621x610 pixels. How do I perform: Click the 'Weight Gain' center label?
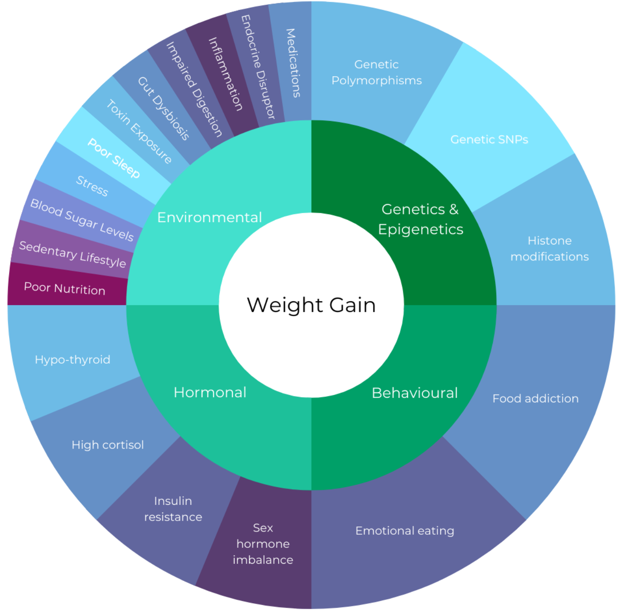coord(311,305)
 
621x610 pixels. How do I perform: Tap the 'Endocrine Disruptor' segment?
coord(258,67)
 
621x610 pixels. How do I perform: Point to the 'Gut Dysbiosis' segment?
coord(163,108)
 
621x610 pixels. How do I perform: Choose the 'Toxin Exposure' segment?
coord(139,132)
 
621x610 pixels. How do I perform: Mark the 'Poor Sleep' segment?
coord(114,158)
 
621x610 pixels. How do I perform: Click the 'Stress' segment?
coord(92,185)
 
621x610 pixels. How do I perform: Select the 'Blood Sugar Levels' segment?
coord(82,220)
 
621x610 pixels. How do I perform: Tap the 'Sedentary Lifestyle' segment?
coord(72,254)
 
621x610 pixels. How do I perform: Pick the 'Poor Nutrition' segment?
coord(65,288)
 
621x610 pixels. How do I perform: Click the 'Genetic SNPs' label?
coord(489,139)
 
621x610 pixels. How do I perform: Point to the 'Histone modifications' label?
coord(549,249)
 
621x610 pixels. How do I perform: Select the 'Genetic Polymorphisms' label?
coord(376,73)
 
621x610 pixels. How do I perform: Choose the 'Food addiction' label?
coord(535,398)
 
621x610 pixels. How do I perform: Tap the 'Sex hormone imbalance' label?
coord(263,543)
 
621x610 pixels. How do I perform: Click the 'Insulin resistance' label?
coord(173,509)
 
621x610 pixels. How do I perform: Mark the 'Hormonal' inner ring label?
coord(210,392)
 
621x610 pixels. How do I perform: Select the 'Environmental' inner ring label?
coord(209,217)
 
